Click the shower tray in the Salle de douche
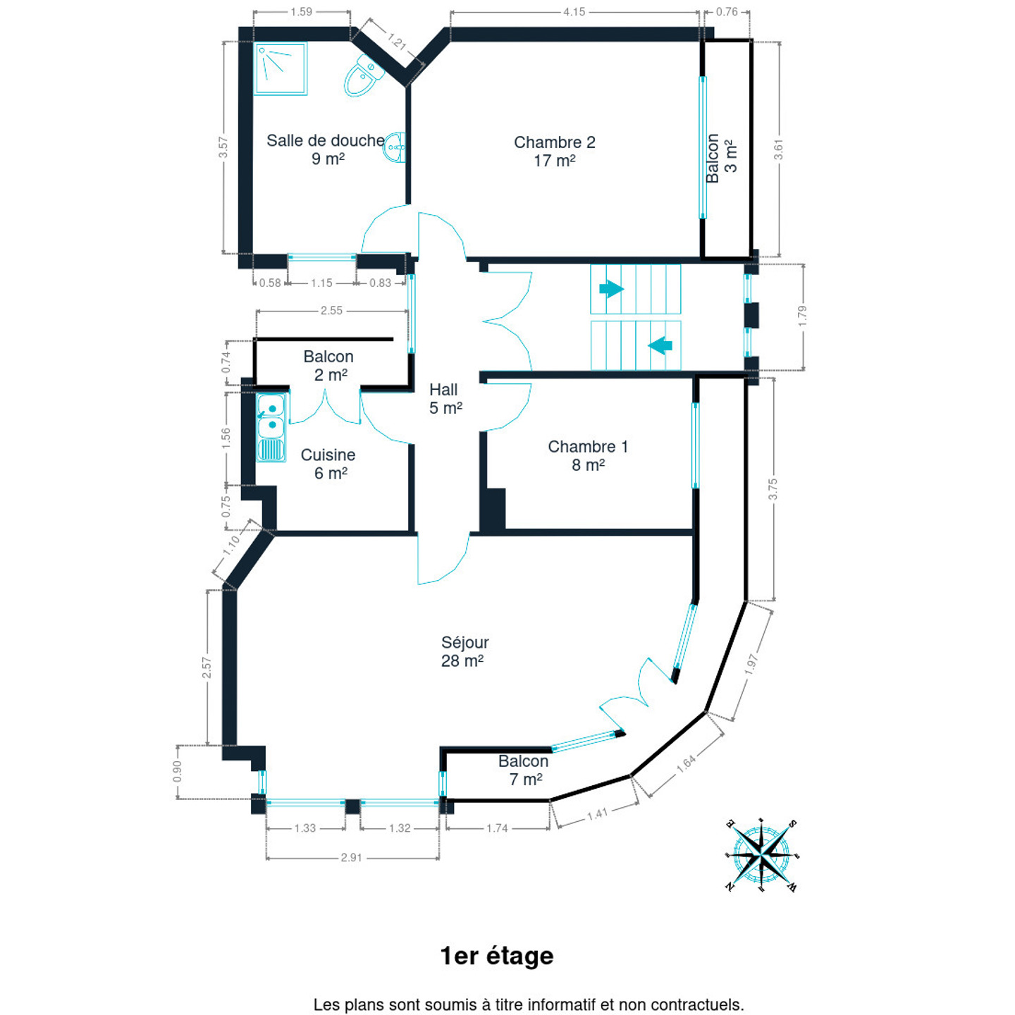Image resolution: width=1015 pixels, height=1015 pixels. [281, 68]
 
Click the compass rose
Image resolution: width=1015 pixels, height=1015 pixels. [761, 856]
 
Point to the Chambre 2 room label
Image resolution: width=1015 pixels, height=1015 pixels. [554, 151]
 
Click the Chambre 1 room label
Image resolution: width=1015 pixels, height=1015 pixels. [588, 455]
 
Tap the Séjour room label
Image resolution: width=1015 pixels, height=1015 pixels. [464, 651]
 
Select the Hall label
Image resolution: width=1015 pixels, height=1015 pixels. [445, 398]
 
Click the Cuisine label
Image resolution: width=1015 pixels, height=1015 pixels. [328, 464]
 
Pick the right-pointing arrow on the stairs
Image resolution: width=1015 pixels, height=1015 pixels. [611, 289]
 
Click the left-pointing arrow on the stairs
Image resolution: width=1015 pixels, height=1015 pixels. [660, 345]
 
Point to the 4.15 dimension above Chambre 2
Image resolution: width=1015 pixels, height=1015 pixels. [574, 12]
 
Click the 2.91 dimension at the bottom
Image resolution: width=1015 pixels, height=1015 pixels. [351, 858]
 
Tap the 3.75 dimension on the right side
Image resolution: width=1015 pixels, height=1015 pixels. [773, 488]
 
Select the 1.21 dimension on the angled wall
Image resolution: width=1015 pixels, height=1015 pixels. [397, 42]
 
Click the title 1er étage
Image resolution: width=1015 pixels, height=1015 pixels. [497, 956]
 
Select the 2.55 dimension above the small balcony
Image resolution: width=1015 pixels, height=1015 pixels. [331, 310]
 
